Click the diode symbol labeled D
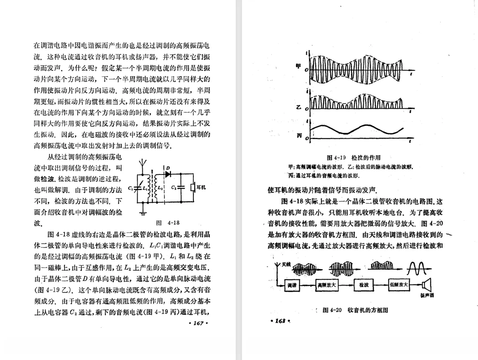(168, 174)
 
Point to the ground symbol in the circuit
(143, 213)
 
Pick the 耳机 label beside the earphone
(200, 187)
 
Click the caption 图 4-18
(168, 223)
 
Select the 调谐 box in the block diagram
(292, 285)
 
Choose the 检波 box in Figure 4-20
(364, 285)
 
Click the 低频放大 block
(399, 285)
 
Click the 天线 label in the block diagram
(285, 264)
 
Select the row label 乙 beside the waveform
(299, 107)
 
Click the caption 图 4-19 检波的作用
(353, 158)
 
